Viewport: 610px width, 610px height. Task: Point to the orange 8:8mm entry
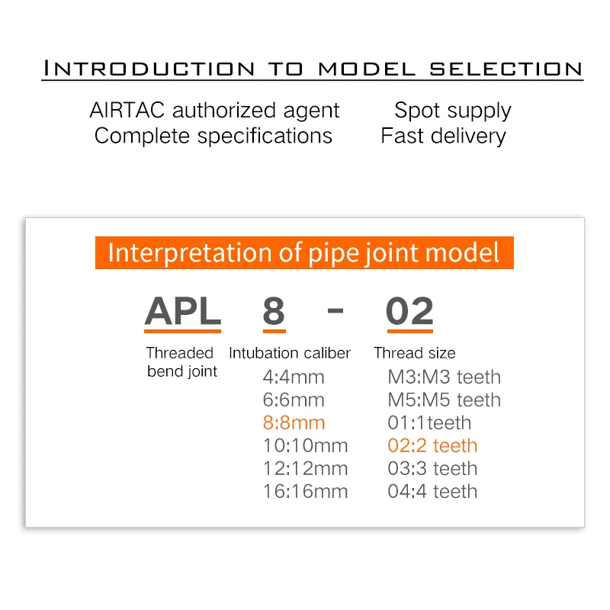click(x=294, y=422)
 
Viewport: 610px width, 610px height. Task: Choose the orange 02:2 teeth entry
click(x=432, y=445)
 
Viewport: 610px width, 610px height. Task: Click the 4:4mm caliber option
click(x=294, y=377)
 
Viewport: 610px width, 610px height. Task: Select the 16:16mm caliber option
click(x=305, y=491)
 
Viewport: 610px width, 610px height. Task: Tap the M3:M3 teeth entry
click(x=444, y=377)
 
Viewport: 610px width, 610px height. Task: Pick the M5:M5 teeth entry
click(x=444, y=400)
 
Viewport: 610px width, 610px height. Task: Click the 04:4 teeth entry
click(x=432, y=491)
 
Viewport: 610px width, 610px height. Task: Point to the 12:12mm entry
click(x=305, y=468)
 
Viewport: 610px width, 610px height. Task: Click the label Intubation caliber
click(x=290, y=353)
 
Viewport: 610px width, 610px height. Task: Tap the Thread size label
click(x=415, y=353)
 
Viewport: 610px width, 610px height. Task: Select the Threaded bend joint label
click(x=181, y=362)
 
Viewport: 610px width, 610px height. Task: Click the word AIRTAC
click(x=127, y=110)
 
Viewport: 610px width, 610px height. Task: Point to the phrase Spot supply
click(x=452, y=110)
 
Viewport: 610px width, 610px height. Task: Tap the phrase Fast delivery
click(x=443, y=136)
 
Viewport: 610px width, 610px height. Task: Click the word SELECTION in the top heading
click(x=506, y=69)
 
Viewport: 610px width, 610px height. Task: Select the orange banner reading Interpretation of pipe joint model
click(x=304, y=252)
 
